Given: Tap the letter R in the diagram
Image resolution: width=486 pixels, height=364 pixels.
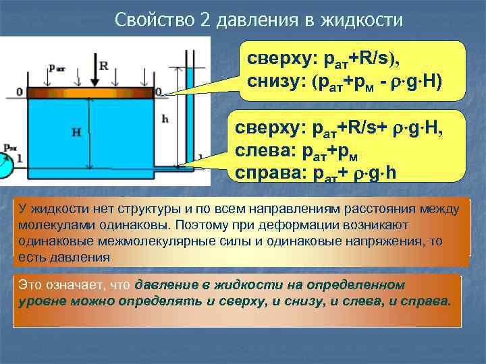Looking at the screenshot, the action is pos(103,66).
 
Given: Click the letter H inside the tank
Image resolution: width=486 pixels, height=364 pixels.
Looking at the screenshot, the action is pos(76,133).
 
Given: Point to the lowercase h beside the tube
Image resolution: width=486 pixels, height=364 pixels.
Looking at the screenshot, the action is pos(165,119).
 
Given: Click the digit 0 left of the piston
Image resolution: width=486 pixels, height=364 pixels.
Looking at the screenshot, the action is pos(19,92).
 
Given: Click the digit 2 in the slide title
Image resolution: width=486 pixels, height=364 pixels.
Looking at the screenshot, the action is pos(205,20).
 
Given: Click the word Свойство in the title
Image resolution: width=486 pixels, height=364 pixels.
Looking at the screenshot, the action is pos(154,20).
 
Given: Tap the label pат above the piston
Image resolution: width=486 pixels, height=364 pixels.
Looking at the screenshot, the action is pos(57,68).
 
